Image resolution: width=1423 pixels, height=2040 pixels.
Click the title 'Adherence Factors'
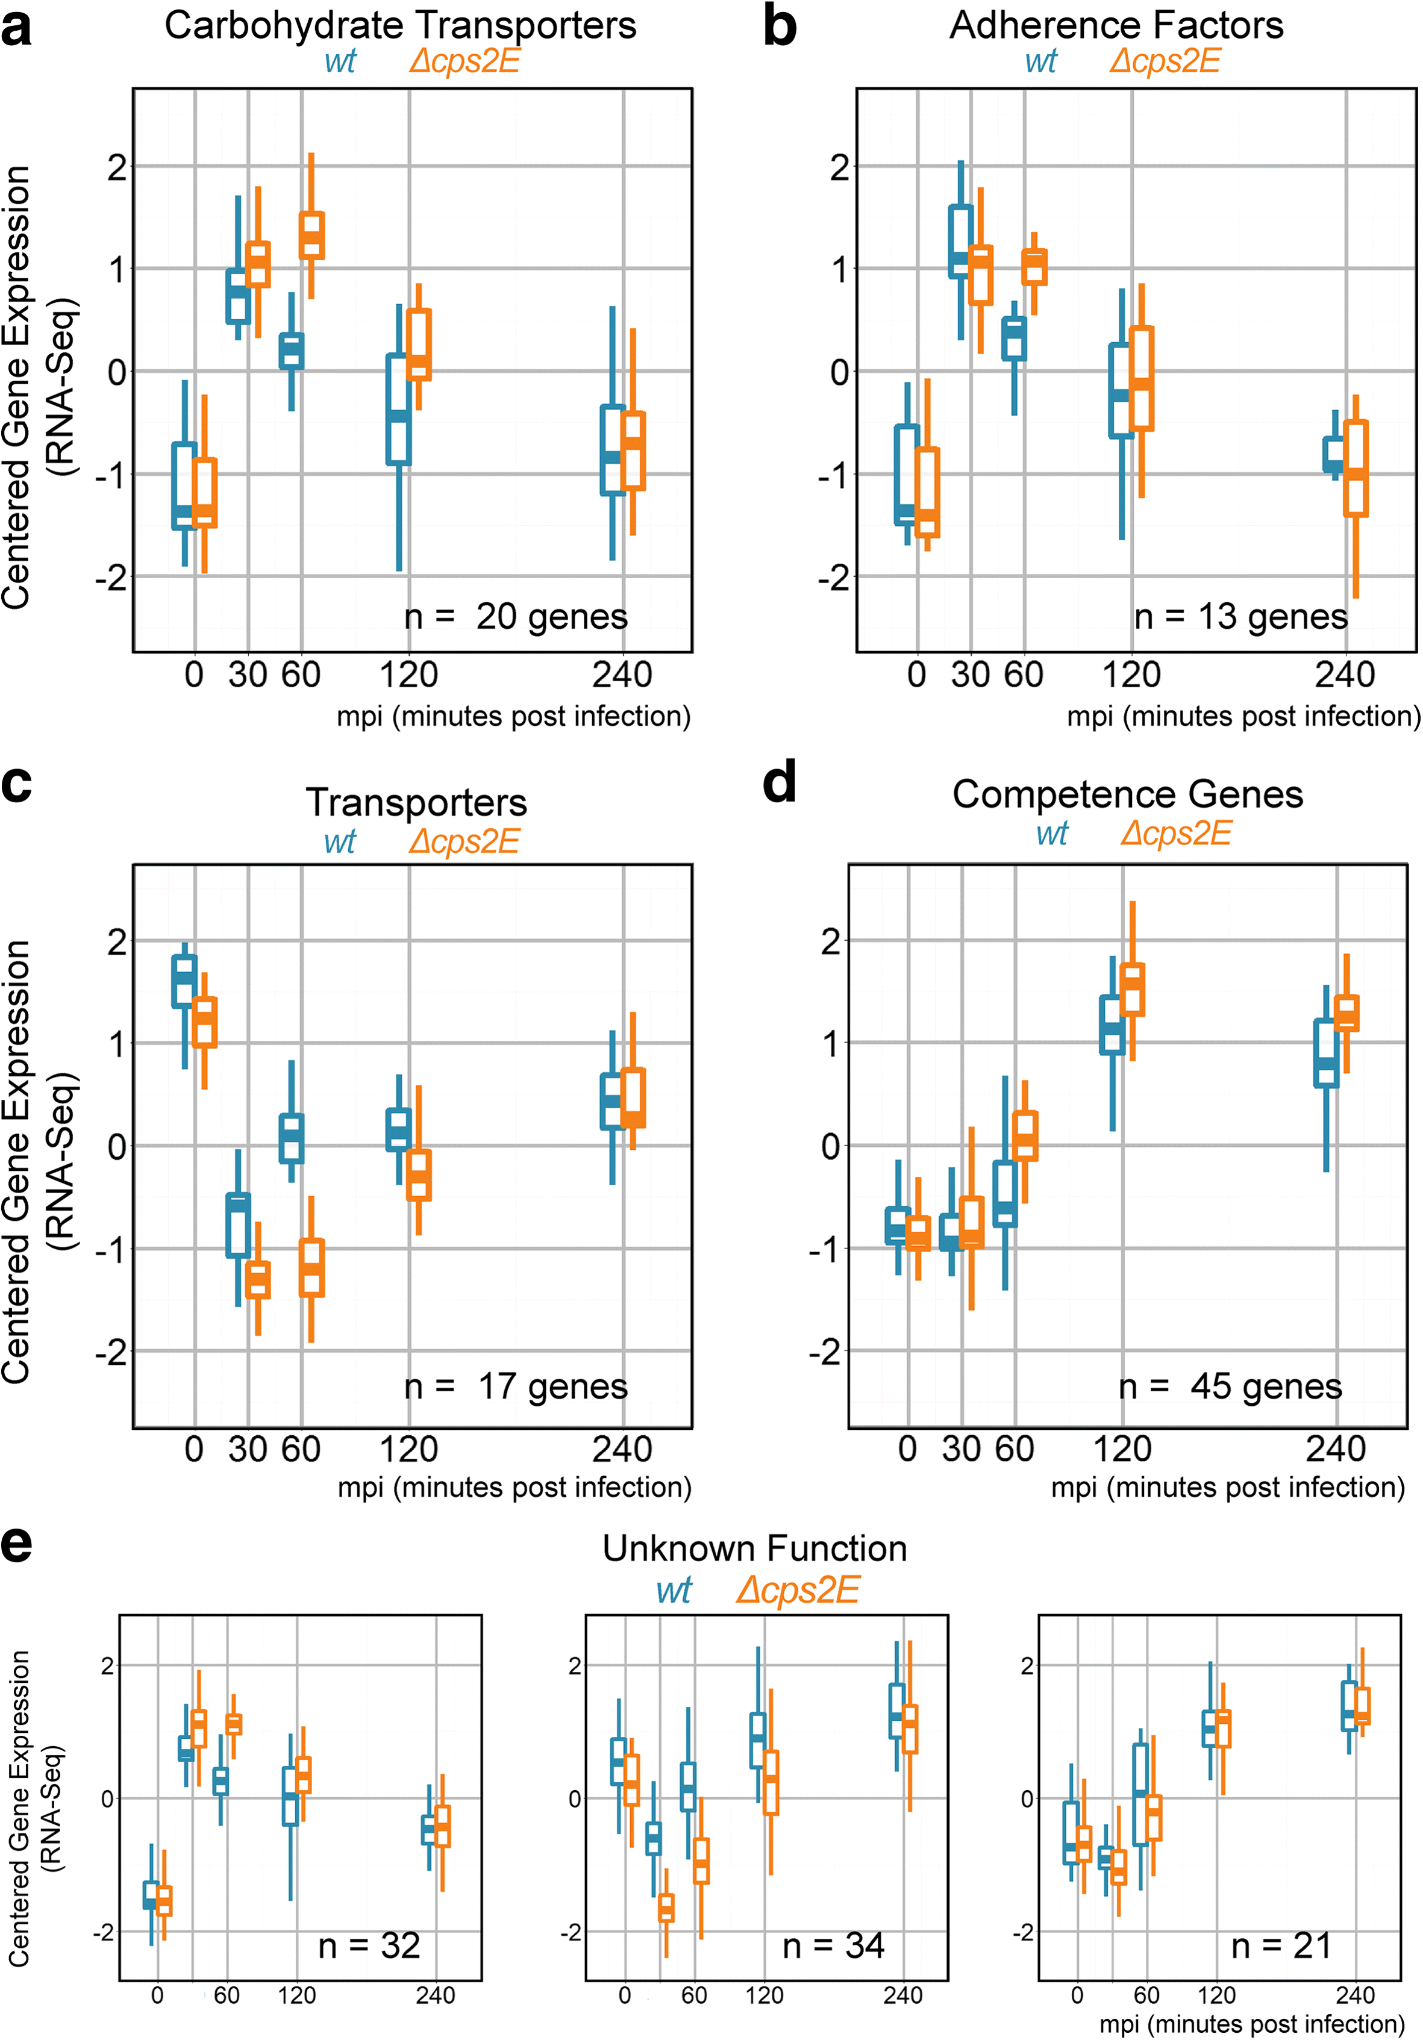(x=1116, y=25)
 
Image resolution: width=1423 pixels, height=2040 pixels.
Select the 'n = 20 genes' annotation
(x=516, y=616)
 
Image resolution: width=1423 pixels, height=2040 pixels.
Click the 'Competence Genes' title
(x=1127, y=793)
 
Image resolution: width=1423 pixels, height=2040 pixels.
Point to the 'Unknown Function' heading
(x=755, y=1548)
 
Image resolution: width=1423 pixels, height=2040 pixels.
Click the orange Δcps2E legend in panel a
(x=464, y=61)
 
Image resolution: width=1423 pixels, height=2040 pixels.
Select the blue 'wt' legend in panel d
(x=1051, y=834)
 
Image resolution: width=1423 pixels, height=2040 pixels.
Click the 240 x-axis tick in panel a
(x=622, y=675)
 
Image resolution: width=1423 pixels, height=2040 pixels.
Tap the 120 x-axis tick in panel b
(x=1131, y=675)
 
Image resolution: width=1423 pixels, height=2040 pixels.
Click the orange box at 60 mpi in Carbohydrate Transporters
(x=311, y=236)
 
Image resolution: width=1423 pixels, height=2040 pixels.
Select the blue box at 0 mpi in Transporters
(x=184, y=982)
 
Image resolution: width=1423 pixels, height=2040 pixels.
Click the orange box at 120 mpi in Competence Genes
(x=1133, y=989)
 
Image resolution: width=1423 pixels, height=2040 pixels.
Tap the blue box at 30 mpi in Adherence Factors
(x=960, y=242)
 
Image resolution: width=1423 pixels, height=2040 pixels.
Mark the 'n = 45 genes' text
(x=1230, y=1386)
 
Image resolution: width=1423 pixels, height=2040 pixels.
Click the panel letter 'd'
(x=780, y=784)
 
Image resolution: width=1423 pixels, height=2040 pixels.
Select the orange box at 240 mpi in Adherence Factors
(x=1356, y=468)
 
